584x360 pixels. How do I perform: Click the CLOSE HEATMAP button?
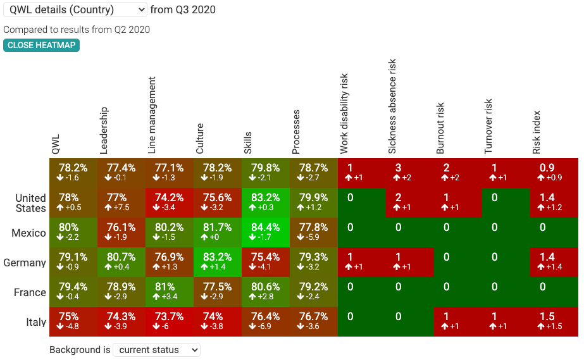(x=41, y=45)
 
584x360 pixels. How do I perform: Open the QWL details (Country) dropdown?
(x=75, y=9)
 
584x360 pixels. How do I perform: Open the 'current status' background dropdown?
(x=156, y=350)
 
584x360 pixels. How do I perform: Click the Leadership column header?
(x=104, y=130)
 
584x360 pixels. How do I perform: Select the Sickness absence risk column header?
(x=393, y=108)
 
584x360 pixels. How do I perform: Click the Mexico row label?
(x=28, y=233)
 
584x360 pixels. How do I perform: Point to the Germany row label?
(x=25, y=263)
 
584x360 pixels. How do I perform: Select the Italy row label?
(x=35, y=322)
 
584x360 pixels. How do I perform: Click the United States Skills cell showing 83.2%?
(x=265, y=202)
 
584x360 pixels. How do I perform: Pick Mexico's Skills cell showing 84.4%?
(x=265, y=232)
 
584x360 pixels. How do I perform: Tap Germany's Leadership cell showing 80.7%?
(x=121, y=262)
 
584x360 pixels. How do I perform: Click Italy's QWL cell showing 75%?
(x=73, y=321)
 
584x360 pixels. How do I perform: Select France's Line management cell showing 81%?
(x=169, y=292)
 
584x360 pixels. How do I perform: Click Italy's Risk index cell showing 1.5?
(x=554, y=321)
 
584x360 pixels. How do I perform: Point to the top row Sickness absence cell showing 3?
(x=409, y=173)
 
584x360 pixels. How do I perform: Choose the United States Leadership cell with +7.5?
(x=121, y=202)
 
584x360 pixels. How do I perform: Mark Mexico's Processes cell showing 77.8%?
(x=313, y=232)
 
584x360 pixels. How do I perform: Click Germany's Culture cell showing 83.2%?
(x=217, y=262)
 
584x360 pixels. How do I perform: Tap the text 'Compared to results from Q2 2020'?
(x=77, y=30)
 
